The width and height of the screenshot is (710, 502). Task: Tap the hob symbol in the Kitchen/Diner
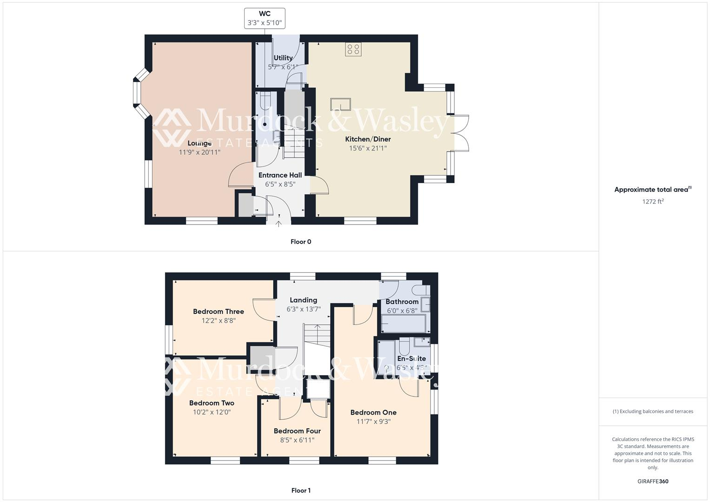pos(353,49)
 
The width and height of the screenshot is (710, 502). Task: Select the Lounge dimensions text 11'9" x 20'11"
pos(199,152)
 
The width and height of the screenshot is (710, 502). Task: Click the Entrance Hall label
pos(280,175)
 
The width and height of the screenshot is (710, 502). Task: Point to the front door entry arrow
pos(279,224)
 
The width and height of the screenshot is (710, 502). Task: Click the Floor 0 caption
pos(301,242)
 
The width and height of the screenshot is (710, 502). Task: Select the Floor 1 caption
pos(301,490)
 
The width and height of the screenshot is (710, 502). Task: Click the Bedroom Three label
pos(219,311)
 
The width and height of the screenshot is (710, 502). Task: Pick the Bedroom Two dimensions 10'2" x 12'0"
pos(212,412)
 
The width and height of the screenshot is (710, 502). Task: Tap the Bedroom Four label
pos(297,431)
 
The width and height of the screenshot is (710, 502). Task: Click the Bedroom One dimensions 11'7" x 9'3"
pos(373,422)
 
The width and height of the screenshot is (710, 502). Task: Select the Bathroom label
pos(402,302)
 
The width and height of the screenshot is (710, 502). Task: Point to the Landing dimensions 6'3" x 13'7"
pos(303,309)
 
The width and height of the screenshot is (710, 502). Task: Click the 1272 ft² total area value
pos(653,202)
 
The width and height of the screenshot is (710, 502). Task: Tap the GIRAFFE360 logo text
pos(653,482)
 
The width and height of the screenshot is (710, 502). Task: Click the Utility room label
pos(283,58)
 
